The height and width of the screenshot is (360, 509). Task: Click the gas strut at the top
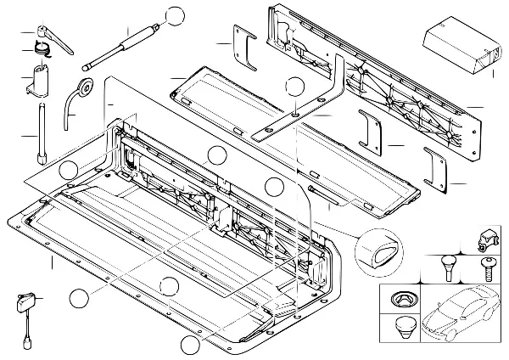click(x=123, y=48)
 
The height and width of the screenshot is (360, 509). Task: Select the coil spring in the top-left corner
click(x=42, y=49)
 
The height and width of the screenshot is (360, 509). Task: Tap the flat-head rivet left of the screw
click(x=447, y=266)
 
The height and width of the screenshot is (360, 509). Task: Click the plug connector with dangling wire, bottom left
click(x=24, y=304)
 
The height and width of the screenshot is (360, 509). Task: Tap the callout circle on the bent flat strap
click(x=294, y=86)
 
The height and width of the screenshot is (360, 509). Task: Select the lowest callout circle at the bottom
click(x=190, y=345)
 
